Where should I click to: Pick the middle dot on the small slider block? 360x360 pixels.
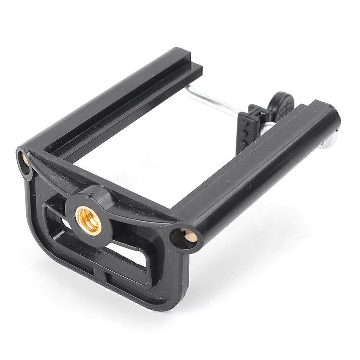(244, 133)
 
